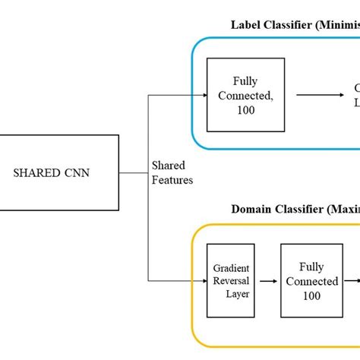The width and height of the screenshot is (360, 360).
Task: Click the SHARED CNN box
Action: click(x=59, y=172)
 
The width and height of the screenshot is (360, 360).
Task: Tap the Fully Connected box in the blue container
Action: click(x=245, y=94)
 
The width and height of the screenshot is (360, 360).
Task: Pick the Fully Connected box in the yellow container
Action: click(x=310, y=280)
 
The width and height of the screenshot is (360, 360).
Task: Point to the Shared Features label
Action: click(x=172, y=172)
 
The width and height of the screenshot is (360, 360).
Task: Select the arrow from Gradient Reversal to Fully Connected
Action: click(x=268, y=280)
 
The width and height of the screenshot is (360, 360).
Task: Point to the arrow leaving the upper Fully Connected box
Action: click(x=315, y=95)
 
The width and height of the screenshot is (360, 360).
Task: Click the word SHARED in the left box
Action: click(x=40, y=172)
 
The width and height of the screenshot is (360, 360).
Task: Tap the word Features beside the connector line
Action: click(x=172, y=180)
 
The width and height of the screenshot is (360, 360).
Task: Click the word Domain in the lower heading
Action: click(x=252, y=209)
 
